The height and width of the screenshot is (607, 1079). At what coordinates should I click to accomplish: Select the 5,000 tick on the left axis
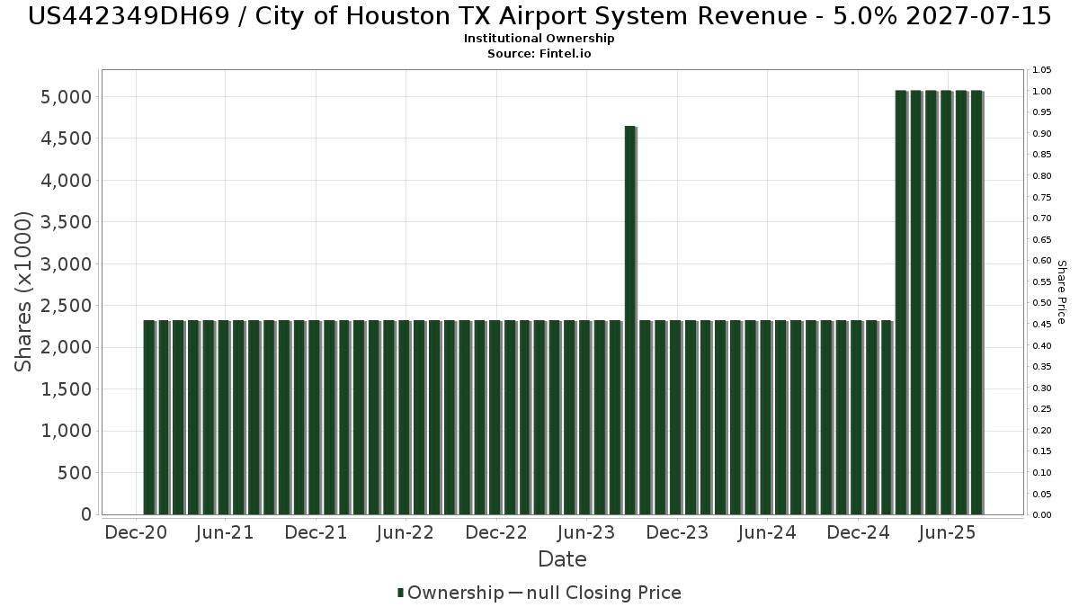[x=67, y=97]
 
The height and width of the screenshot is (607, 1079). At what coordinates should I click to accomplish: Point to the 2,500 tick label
[x=67, y=306]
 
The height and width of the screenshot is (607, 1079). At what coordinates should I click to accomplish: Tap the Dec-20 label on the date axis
[x=136, y=532]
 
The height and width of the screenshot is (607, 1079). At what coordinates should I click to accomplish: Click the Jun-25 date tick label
[x=947, y=532]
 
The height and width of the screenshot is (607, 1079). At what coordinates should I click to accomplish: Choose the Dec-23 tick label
[x=677, y=532]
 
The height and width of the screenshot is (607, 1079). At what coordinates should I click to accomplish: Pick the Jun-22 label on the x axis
[x=406, y=532]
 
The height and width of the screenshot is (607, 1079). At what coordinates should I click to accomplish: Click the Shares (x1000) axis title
[x=24, y=291]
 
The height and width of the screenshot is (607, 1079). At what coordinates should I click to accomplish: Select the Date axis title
[x=562, y=559]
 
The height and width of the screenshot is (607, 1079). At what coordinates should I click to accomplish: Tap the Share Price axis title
[x=1061, y=292]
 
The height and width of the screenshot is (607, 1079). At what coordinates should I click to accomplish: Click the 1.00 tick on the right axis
[x=1042, y=92]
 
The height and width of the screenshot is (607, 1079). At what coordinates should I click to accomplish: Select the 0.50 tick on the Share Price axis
[x=1042, y=303]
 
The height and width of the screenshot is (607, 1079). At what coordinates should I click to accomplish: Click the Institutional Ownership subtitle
[x=539, y=39]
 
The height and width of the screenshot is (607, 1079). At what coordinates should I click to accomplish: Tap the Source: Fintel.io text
[x=539, y=54]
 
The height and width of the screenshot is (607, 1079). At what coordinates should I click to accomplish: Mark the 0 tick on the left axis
[x=85, y=514]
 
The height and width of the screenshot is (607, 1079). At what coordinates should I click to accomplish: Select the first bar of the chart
[x=149, y=417]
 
